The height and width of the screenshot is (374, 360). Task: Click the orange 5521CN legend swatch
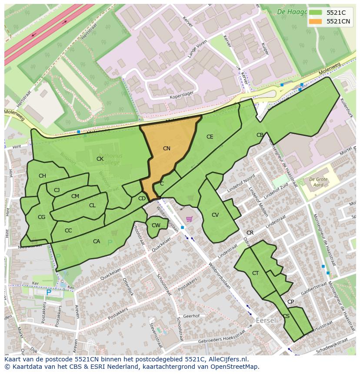tap(316, 21)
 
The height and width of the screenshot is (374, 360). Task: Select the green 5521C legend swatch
tap(316, 12)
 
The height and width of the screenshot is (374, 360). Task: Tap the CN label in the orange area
tap(167, 149)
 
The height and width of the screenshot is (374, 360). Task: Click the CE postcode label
tap(210, 137)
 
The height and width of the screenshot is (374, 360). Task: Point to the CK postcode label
tap(100, 159)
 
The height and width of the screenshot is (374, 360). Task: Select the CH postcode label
tap(42, 176)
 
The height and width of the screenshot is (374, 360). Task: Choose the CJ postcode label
tap(57, 190)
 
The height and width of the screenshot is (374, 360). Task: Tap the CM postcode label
tap(75, 196)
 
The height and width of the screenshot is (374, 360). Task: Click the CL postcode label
tap(92, 205)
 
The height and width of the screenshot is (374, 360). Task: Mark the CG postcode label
tap(42, 217)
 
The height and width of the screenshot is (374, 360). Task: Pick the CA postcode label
tap(97, 242)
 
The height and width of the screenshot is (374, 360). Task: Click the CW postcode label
tap(156, 225)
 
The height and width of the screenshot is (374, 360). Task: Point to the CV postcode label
tap(215, 215)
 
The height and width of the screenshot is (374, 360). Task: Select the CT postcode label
tap(255, 273)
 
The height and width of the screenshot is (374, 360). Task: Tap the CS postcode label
tap(286, 316)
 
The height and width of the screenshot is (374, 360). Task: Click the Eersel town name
tap(266, 320)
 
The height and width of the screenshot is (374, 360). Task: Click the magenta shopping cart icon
tap(189, 219)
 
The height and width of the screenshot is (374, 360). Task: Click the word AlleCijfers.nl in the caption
tap(227, 359)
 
